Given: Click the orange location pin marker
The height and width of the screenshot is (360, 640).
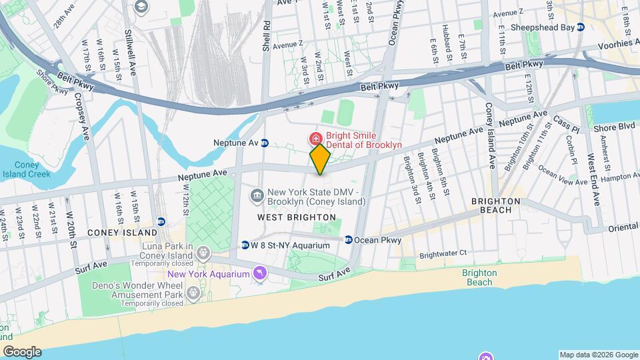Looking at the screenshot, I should coord(321,159).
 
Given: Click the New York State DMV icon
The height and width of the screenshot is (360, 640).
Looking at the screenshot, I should coord(256,195).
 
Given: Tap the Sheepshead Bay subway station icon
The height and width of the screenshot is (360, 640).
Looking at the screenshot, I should coord(581,27).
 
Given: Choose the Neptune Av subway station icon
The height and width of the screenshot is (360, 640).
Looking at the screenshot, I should coord(265,143).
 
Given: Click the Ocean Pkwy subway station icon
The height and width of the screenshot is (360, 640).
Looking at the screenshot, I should coord(348,239).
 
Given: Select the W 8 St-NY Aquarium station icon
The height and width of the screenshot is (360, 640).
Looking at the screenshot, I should coord(245,245).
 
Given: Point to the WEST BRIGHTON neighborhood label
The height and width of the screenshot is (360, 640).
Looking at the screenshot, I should coord(297,217).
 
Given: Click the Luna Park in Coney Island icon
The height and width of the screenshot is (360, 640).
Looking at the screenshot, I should coord(204,252).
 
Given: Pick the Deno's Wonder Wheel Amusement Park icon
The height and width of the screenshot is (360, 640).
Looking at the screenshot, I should coord(194,291).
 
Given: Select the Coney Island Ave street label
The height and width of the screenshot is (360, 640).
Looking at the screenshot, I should coord(489,134).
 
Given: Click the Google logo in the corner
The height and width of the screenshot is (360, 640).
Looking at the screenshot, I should coord(21,351).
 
